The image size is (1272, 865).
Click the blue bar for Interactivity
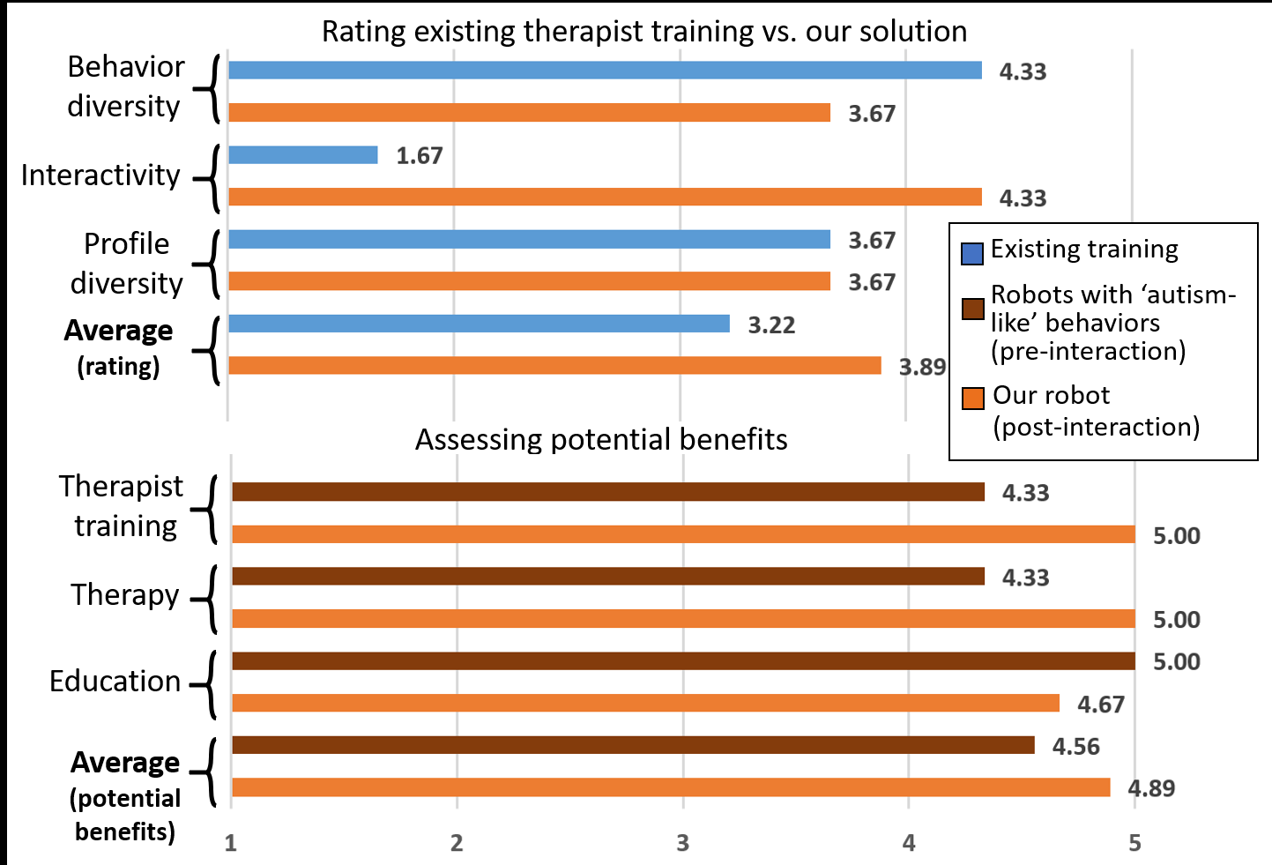(x=303, y=155)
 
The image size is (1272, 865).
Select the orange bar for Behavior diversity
(x=529, y=113)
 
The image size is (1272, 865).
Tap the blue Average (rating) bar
(x=479, y=324)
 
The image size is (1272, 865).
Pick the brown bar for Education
(x=683, y=661)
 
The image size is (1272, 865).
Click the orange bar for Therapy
(x=683, y=619)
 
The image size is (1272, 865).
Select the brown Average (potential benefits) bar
(x=633, y=746)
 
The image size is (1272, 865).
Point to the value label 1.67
(x=419, y=156)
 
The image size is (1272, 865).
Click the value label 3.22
(x=771, y=325)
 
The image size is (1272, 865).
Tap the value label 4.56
(x=1075, y=747)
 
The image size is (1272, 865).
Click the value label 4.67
(x=1101, y=705)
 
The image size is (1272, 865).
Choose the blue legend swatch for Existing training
(x=971, y=254)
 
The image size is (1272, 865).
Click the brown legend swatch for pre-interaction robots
(x=972, y=309)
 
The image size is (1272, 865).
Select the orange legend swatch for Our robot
(x=972, y=399)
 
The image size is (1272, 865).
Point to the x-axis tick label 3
(x=682, y=843)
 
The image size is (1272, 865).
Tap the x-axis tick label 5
(x=1134, y=843)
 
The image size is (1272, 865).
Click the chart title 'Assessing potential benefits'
(x=601, y=439)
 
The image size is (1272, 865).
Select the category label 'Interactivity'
(x=100, y=175)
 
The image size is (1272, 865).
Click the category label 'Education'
(x=115, y=681)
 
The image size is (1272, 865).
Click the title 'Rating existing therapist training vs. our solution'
(x=643, y=32)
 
